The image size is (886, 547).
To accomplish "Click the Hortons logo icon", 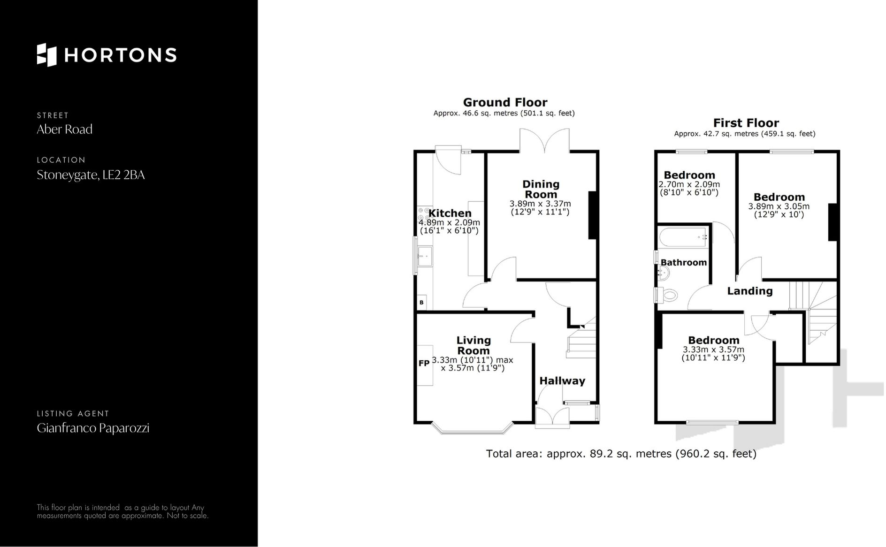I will [x=46, y=55].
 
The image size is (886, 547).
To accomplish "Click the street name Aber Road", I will [x=65, y=129].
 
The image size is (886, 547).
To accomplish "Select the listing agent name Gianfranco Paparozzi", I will [x=93, y=428].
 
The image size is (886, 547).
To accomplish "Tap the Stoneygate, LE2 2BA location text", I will [x=91, y=175].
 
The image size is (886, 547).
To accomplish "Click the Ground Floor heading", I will [x=505, y=102].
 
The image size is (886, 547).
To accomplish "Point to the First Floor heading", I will [x=746, y=123].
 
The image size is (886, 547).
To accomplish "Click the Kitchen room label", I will [x=450, y=213].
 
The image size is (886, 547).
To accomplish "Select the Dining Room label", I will [x=541, y=189].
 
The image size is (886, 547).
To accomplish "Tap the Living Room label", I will [x=473, y=345].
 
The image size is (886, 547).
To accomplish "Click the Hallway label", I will [x=562, y=381].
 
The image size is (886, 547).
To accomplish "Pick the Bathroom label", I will [x=683, y=263].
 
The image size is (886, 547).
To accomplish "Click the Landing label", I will [x=749, y=291].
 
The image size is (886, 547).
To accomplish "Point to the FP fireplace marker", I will [x=424, y=363].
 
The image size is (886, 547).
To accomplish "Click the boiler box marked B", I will [x=421, y=303].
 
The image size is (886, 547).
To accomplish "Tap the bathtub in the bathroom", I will [x=683, y=237].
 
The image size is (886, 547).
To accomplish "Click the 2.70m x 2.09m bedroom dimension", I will [x=689, y=184].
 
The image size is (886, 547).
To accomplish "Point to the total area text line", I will [x=621, y=454].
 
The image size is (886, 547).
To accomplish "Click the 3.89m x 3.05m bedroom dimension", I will [x=779, y=206].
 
